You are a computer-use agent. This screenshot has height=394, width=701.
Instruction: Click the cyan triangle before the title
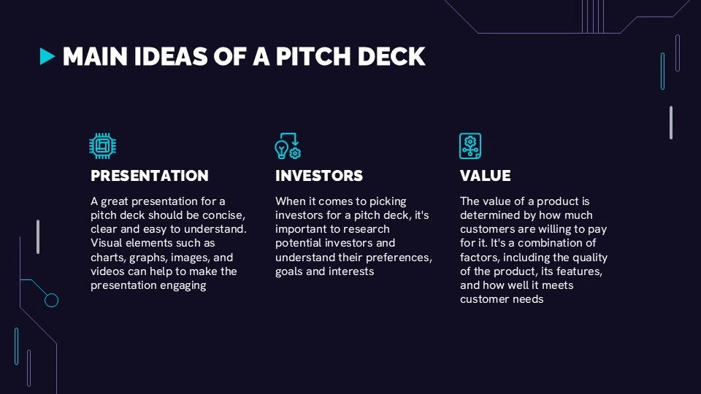(47, 56)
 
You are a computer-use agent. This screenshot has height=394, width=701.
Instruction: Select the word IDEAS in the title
(170, 56)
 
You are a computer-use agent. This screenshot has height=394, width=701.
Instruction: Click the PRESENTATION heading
(149, 176)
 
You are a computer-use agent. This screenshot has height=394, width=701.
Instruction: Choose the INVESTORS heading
(319, 176)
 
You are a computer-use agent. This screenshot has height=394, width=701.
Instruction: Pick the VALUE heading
(485, 176)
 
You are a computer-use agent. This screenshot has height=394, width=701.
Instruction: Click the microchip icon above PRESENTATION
(102, 146)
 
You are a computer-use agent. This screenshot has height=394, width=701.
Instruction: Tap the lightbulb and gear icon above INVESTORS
(288, 146)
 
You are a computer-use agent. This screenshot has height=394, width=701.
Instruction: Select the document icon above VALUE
(470, 146)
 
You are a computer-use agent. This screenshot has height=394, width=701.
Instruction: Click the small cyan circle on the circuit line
(51, 300)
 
